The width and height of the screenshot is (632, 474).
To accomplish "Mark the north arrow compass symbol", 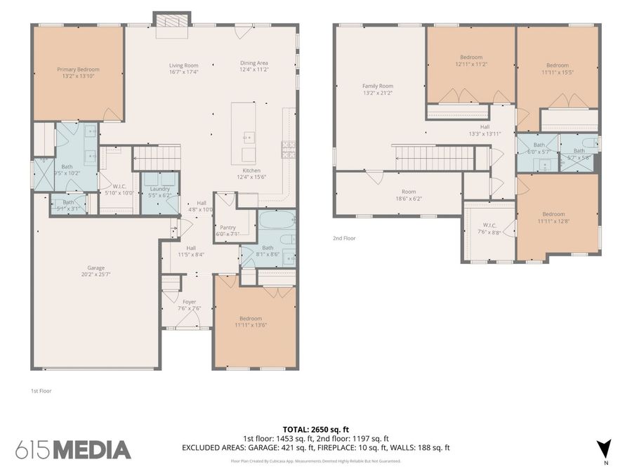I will coord(603,448).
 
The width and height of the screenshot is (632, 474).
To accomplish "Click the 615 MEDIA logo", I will coord(73,449).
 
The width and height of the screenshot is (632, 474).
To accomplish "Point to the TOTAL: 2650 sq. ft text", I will coord(315,428).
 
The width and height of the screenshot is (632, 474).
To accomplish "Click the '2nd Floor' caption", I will coord(344,238).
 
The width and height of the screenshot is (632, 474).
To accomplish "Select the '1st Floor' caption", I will coord(41,390).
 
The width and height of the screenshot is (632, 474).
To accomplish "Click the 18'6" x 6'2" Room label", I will coord(409,195).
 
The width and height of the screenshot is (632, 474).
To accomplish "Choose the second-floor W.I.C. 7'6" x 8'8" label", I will coord(489,228).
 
